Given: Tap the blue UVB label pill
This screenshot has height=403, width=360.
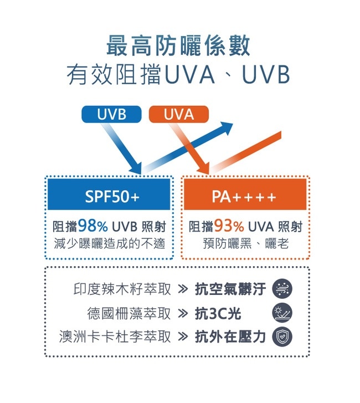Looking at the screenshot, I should tap(111, 115).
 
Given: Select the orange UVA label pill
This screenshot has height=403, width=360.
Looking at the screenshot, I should tap(178, 115).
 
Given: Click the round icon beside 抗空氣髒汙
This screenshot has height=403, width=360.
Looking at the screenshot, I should tap(282, 289).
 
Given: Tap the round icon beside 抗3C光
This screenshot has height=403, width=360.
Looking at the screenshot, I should tap(282, 313).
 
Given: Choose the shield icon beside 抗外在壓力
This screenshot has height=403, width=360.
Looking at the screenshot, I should tap(282, 336).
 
